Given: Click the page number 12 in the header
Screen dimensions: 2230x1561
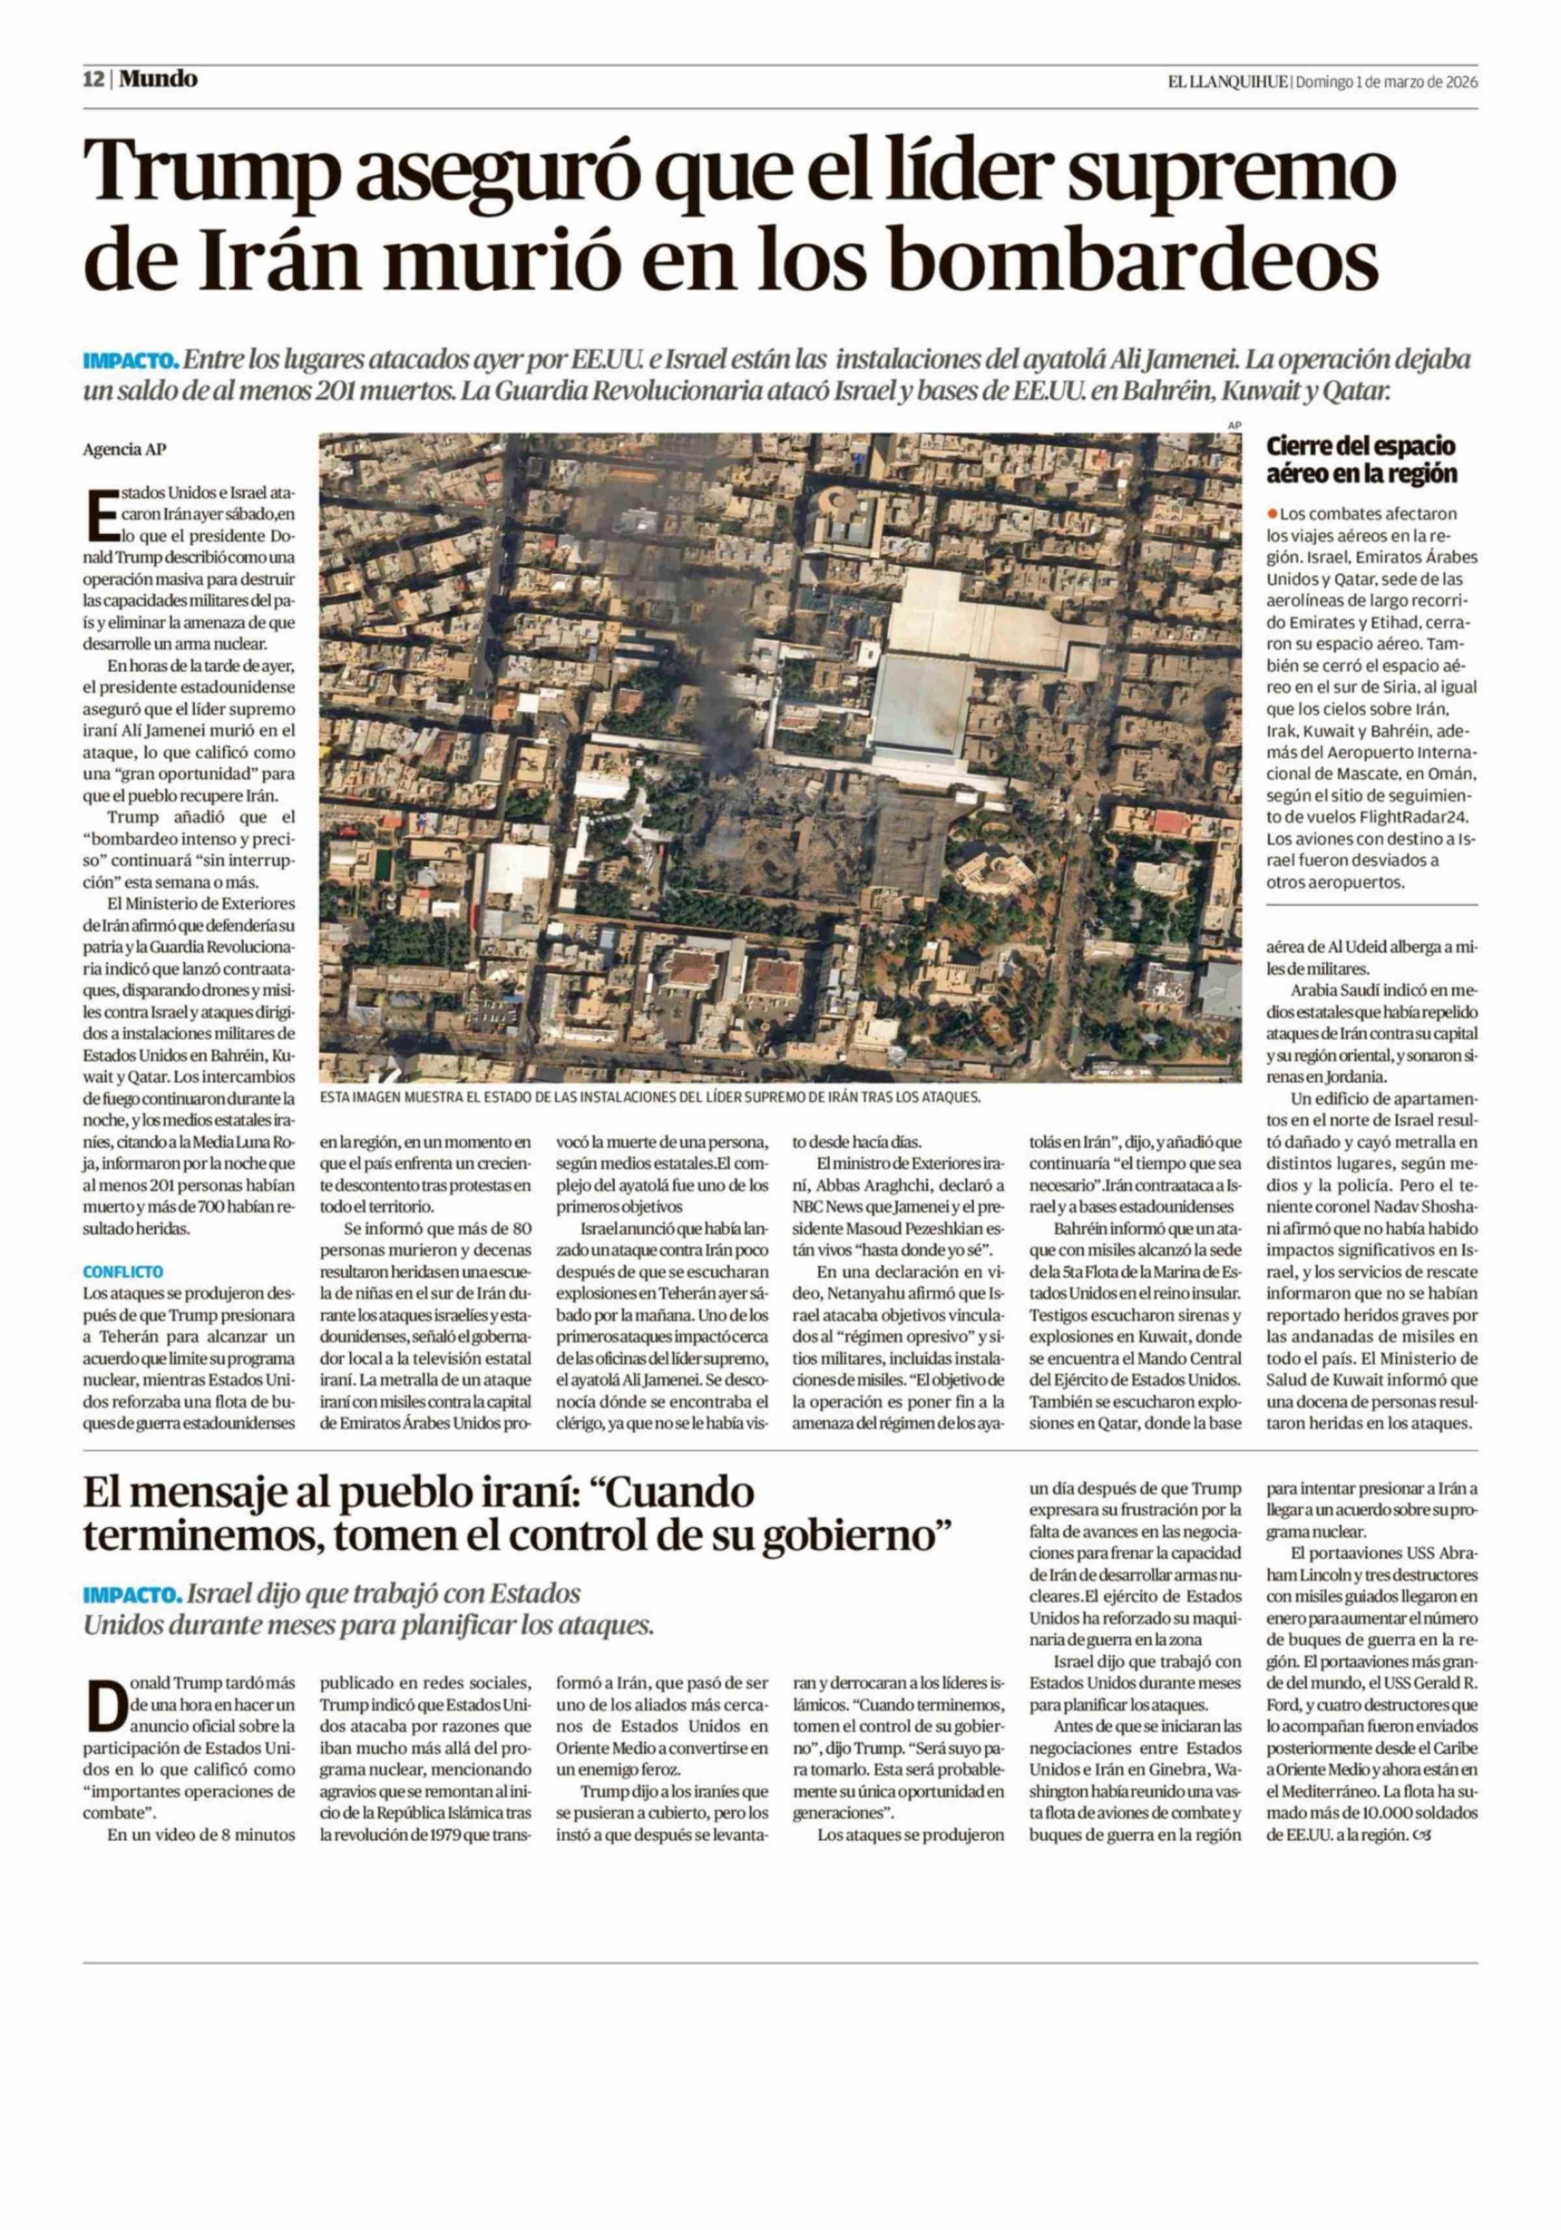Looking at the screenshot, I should (x=93, y=79).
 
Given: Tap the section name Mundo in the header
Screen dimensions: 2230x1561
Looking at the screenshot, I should (x=158, y=79).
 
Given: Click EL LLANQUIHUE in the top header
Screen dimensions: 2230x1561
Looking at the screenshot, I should (x=1228, y=83).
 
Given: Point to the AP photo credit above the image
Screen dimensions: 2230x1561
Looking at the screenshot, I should (x=1234, y=425).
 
